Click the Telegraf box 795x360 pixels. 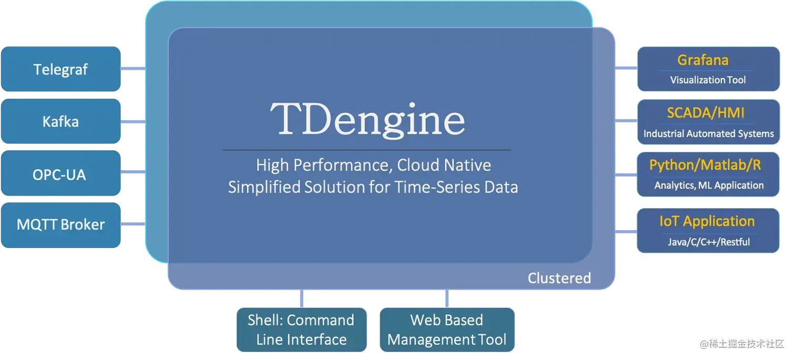tap(60, 69)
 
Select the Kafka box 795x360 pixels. tap(60, 121)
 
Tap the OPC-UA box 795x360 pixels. tap(60, 173)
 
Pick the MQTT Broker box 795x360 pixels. tap(60, 225)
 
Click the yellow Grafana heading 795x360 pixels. tap(702, 60)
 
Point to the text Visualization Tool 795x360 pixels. tap(708, 80)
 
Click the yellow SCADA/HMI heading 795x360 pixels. tap(706, 113)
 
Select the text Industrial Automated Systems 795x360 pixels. tap(709, 133)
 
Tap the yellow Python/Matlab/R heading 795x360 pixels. tap(705, 165)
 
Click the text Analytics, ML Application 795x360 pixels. tap(709, 185)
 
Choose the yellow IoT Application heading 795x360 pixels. tap(707, 221)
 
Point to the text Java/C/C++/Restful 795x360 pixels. tap(709, 242)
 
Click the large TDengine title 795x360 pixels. tap(368, 120)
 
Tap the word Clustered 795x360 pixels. tap(559, 278)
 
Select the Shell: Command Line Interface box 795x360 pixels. tap(302, 330)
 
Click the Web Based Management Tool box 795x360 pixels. tap(447, 330)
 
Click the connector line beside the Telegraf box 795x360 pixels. tap(133, 68)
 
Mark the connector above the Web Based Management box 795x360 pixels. tap(447, 299)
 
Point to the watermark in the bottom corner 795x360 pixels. tap(742, 344)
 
